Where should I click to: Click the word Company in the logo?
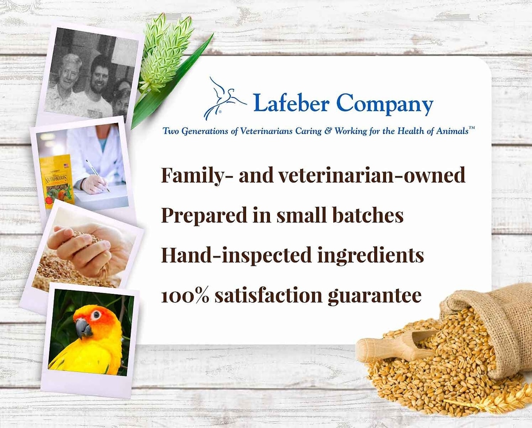[385, 104]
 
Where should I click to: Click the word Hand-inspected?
[236, 255]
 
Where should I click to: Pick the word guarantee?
[375, 297]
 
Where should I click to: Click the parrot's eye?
[96, 315]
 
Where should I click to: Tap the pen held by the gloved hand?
[98, 176]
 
